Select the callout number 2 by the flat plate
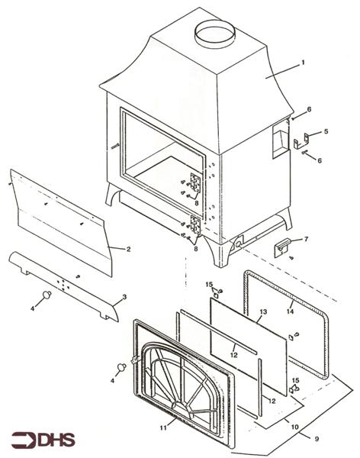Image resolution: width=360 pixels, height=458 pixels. (129, 249)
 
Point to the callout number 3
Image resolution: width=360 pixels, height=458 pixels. (124, 296)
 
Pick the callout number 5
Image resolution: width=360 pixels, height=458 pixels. (326, 131)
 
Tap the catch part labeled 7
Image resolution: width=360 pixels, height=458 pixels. (284, 247)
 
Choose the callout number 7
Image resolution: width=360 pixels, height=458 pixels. (307, 240)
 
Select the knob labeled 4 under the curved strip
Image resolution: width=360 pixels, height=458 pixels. (47, 293)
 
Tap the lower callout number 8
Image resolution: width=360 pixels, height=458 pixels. (195, 250)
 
